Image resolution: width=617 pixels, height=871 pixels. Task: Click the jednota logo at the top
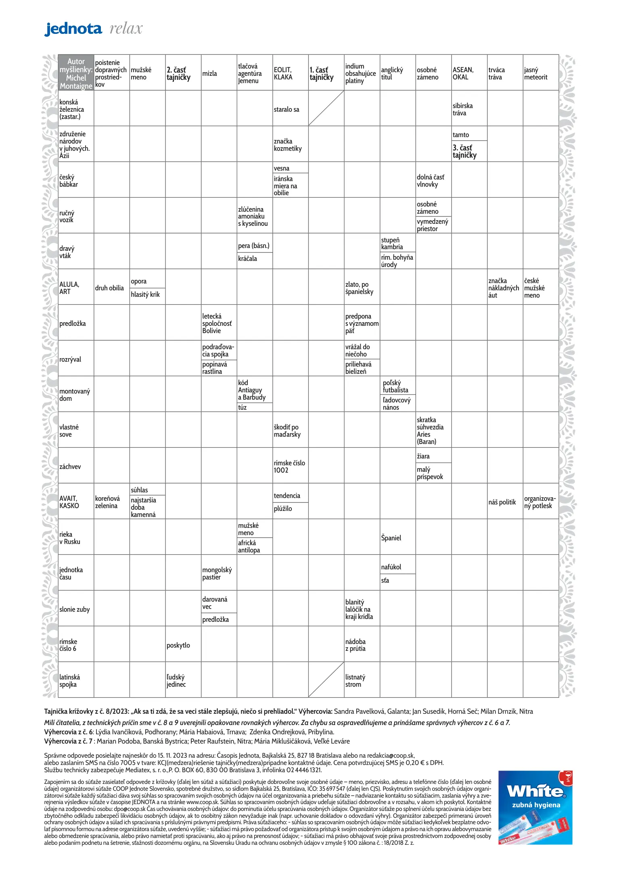click(73, 29)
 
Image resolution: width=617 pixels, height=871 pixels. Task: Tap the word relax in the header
click(126, 29)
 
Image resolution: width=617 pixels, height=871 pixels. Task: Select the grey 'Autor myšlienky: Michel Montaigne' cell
click(76, 73)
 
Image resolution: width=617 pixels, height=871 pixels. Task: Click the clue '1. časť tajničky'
click(322, 74)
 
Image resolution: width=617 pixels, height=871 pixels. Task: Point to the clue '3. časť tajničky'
click(464, 151)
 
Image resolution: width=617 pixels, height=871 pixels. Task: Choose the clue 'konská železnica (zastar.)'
click(72, 109)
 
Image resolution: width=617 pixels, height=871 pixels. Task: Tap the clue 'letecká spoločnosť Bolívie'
click(217, 323)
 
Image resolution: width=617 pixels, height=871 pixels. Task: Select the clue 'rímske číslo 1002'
click(289, 467)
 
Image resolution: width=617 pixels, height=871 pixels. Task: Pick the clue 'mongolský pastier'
click(217, 573)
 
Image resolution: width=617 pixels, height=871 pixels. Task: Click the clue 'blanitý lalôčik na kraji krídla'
click(359, 609)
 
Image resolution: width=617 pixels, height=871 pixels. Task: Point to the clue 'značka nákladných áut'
click(504, 288)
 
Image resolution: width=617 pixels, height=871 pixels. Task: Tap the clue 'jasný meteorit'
click(535, 73)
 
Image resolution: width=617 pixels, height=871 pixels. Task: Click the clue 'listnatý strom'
click(355, 681)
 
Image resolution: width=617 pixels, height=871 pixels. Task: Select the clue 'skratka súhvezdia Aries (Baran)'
click(430, 431)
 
